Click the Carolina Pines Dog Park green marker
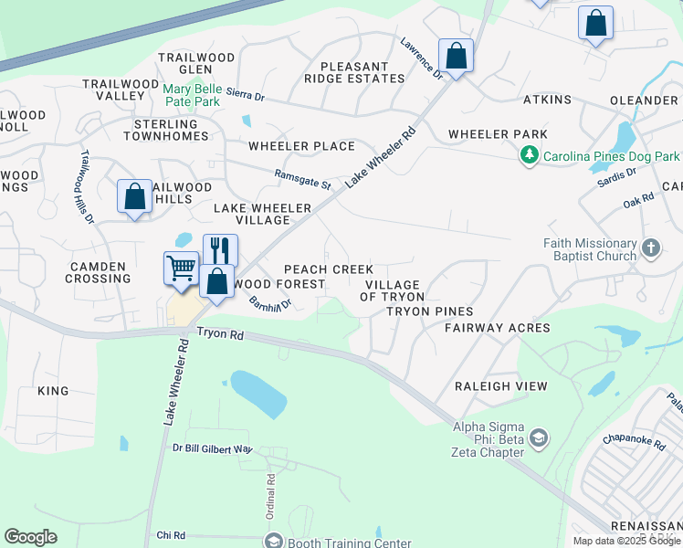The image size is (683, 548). pos(529,157)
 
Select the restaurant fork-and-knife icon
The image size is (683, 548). pos(220,249)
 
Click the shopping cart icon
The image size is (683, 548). pos(181,269)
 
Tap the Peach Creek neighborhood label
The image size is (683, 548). pos(328,269)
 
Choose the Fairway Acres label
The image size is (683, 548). pos(498,328)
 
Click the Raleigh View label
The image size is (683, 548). pos(501,386)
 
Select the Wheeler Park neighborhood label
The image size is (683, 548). pos(498,134)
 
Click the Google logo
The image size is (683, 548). pos(30,537)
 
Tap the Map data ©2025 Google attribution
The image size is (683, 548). pos(626,541)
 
